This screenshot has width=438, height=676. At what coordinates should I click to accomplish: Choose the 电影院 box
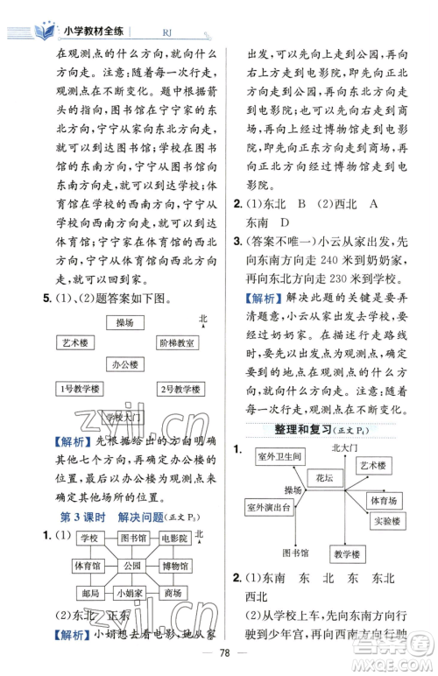[177, 538]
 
